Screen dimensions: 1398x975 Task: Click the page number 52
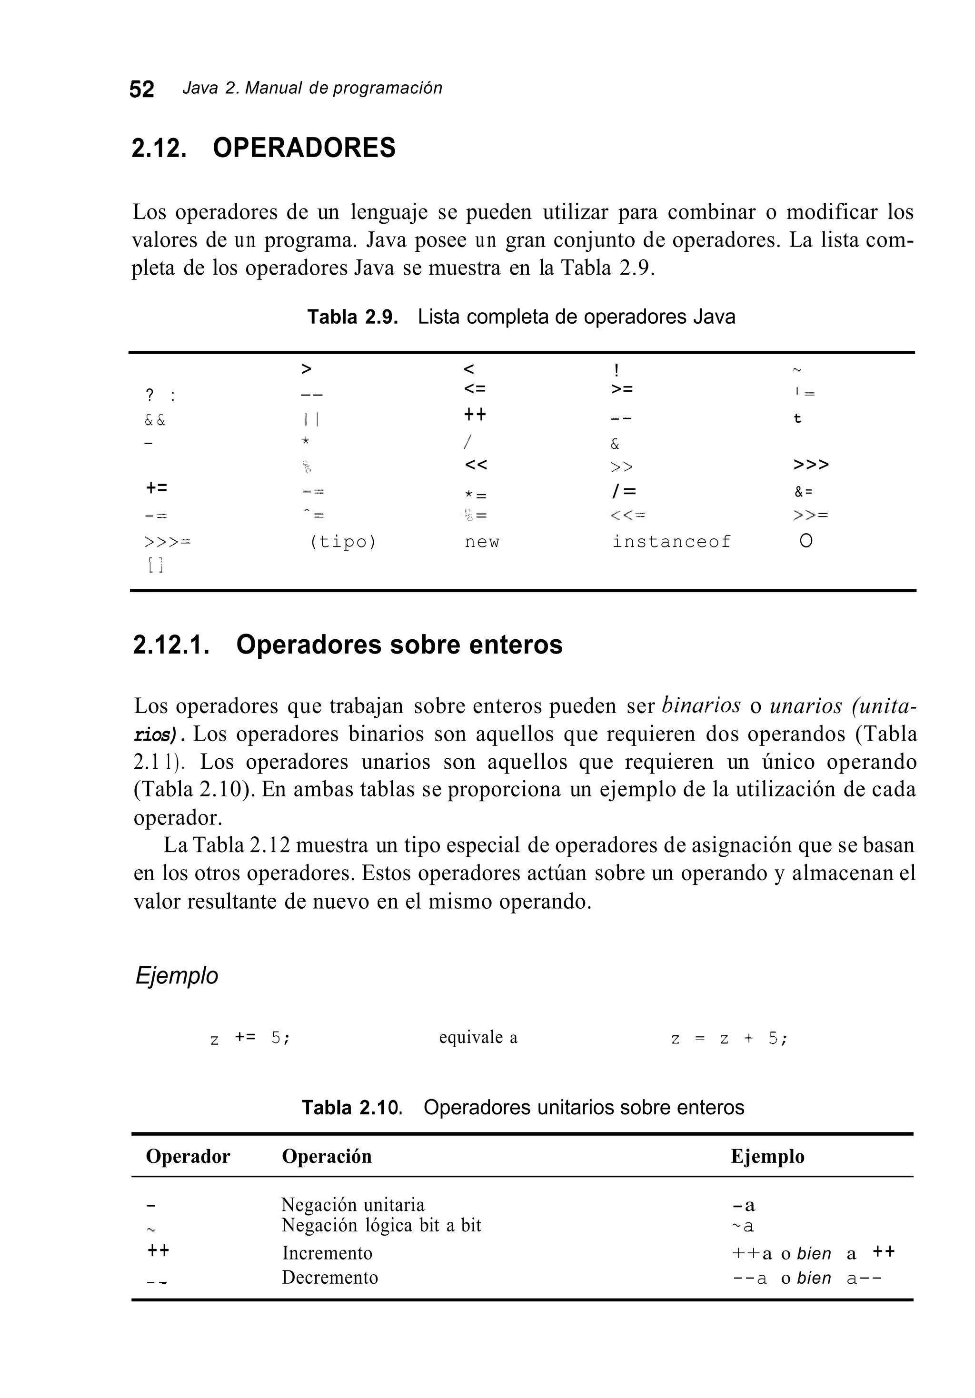tap(141, 89)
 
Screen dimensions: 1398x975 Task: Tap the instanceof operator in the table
tap(671, 542)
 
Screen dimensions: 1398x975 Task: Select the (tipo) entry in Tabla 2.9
tap(343, 542)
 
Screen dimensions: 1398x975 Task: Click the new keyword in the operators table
tap(482, 542)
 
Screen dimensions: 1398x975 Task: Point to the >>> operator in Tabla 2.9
tap(811, 465)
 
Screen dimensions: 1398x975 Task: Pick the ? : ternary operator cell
tap(160, 396)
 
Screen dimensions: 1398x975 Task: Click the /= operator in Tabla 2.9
tap(622, 491)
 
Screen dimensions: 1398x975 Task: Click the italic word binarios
tap(700, 706)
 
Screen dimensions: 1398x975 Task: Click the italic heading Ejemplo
tap(176, 975)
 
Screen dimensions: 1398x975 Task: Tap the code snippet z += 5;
tap(249, 1038)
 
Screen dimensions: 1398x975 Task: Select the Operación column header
tap(327, 1156)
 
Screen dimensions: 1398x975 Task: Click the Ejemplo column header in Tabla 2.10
tap(767, 1156)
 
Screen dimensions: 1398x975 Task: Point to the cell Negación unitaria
tap(353, 1204)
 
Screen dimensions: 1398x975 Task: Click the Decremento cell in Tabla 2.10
tap(329, 1277)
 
